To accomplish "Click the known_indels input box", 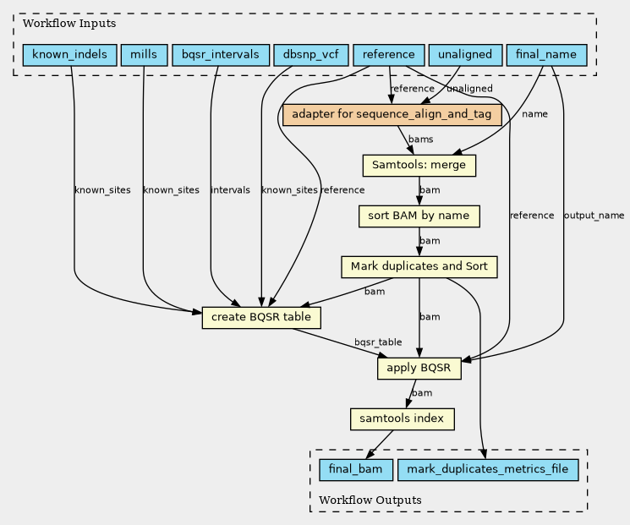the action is coord(70,55).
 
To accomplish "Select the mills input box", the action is coord(144,55).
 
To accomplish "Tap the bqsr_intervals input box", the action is coord(221,55).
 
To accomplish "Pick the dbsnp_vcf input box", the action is coord(311,55).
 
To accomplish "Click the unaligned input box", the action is coord(465,55).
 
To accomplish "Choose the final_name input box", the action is coord(546,55).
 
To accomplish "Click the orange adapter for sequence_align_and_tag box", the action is coord(392,115).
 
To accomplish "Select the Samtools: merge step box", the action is coord(419,166).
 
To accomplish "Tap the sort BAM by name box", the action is coord(419,216).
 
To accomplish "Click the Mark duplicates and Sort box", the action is coord(419,267).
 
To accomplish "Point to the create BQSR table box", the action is coord(261,318).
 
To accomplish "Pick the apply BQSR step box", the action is coord(419,369).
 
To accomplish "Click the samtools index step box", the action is coord(403,419).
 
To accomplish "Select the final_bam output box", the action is coord(356,470).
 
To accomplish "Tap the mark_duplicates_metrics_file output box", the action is coord(488,470).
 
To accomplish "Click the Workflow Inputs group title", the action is coord(69,24).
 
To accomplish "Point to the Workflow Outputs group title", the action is coord(370,500).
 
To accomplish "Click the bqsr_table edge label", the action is coord(378,342).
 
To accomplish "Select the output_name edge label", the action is coord(594,216).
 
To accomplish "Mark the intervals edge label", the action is coord(230,190).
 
